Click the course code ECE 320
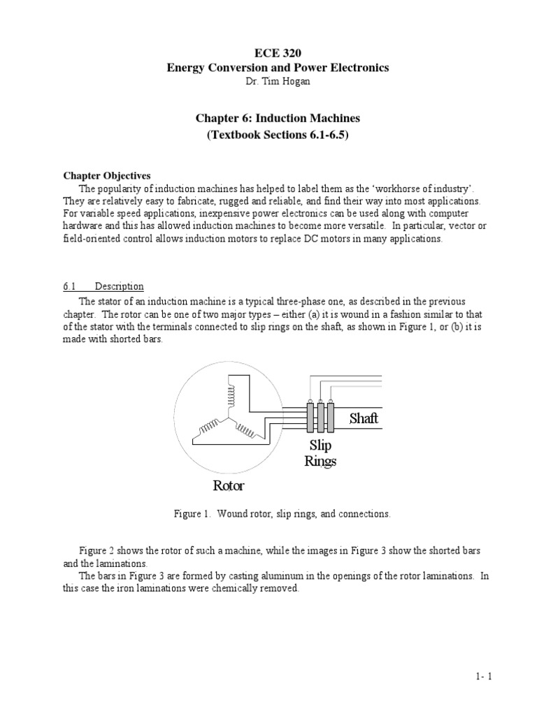pyautogui.click(x=268, y=53)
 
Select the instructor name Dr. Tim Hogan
pyautogui.click(x=268, y=81)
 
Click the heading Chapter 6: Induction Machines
pyautogui.click(x=268, y=119)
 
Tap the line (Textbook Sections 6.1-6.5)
pyautogui.click(x=268, y=134)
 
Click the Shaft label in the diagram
pyautogui.click(x=364, y=418)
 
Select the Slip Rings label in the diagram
pyautogui.click(x=320, y=452)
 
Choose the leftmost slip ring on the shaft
pyautogui.click(x=310, y=419)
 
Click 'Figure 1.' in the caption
pyautogui.click(x=192, y=514)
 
